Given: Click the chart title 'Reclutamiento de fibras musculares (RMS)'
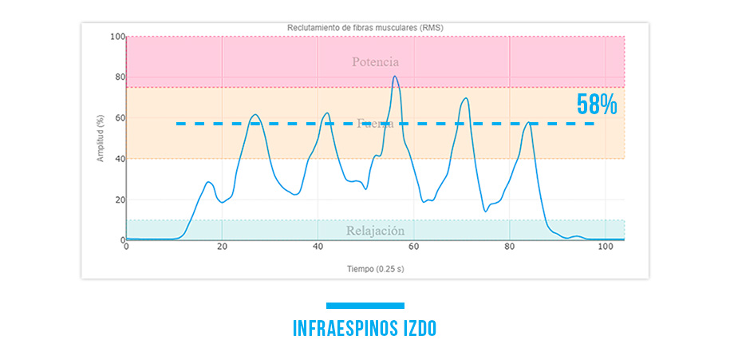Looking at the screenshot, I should pyautogui.click(x=365, y=27).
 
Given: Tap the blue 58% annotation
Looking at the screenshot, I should pyautogui.click(x=598, y=105).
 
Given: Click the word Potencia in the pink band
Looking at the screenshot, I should pyautogui.click(x=375, y=61).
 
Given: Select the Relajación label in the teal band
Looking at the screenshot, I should pyautogui.click(x=375, y=231).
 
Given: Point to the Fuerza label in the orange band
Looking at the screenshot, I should pyautogui.click(x=375, y=123).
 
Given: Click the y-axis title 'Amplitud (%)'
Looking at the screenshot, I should pyautogui.click(x=101, y=138).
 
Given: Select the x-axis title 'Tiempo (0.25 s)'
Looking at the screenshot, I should pyautogui.click(x=375, y=268).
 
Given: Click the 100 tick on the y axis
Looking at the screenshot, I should pyautogui.click(x=117, y=37).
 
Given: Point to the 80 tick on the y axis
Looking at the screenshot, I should pyautogui.click(x=119, y=77).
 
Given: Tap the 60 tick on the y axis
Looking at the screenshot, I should pyautogui.click(x=119, y=118).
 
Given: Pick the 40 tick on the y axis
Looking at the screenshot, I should pyautogui.click(x=119, y=159).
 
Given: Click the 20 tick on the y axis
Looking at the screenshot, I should pyautogui.click(x=119, y=200).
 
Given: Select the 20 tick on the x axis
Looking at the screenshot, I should pyautogui.click(x=222, y=247).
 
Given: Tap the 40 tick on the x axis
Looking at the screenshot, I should pyautogui.click(x=318, y=247).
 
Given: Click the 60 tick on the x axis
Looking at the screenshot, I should pyautogui.click(x=413, y=247).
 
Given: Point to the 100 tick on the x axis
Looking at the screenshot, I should pyautogui.click(x=605, y=247).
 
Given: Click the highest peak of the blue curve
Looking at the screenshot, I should pyautogui.click(x=395, y=77).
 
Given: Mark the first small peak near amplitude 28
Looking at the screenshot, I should pyautogui.click(x=209, y=182).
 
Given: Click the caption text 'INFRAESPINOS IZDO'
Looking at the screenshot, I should pyautogui.click(x=365, y=328).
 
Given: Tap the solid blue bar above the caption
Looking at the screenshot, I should pyautogui.click(x=365, y=305).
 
